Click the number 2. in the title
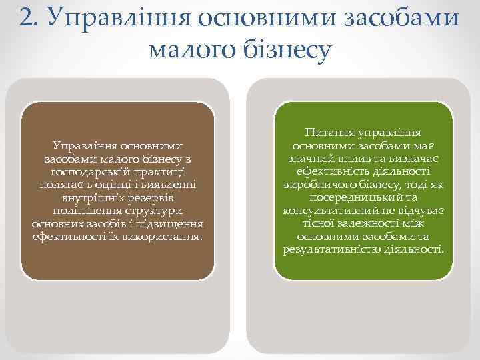click(x=28, y=16)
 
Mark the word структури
click(x=148, y=210)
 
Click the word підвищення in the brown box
click(x=171, y=223)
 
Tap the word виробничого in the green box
click(x=315, y=185)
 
